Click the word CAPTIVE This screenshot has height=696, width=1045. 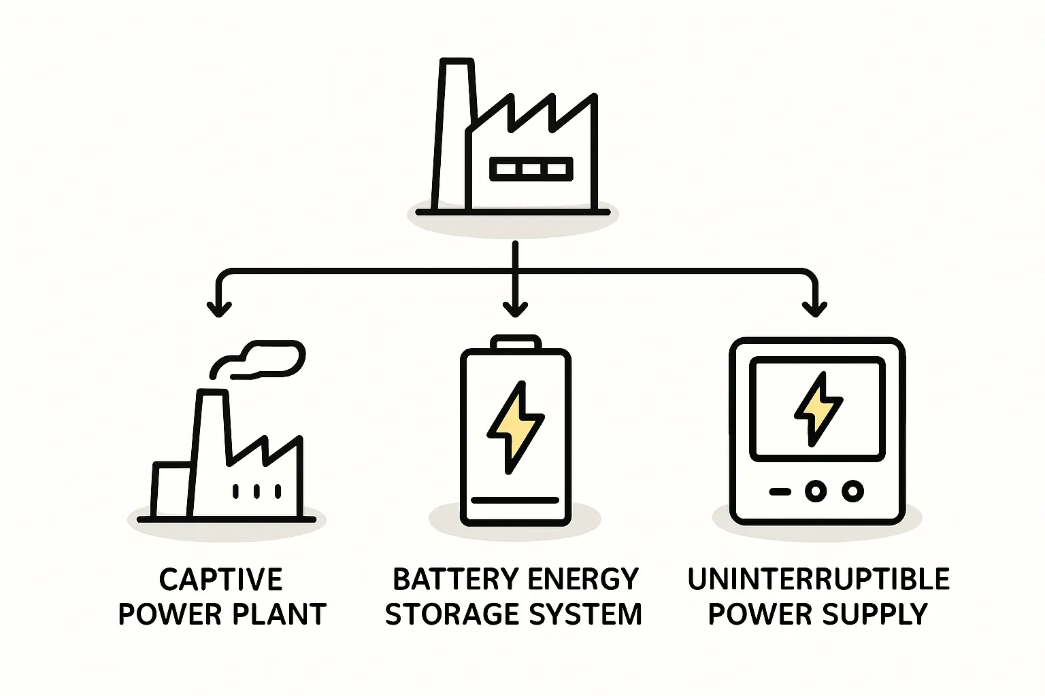(x=220, y=580)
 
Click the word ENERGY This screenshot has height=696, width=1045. (x=583, y=580)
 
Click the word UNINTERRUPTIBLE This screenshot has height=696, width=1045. (x=818, y=580)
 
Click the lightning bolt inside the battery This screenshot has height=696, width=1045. (x=515, y=427)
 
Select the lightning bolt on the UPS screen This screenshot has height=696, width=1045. (x=818, y=408)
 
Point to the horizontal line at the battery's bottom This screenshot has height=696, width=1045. (x=515, y=500)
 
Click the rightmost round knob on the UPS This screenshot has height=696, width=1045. (x=852, y=491)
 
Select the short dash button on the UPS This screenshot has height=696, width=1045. (x=780, y=491)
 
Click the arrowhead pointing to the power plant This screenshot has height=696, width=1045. (x=218, y=309)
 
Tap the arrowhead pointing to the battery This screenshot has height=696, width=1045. (x=515, y=309)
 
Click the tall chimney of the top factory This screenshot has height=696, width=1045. (x=452, y=129)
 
